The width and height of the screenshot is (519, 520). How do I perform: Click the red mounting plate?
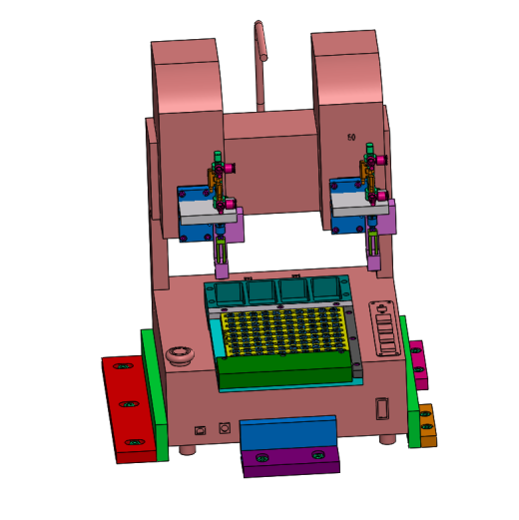(x=128, y=409)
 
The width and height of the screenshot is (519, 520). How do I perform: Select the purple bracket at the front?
(x=290, y=462)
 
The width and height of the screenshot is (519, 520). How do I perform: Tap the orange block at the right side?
(x=427, y=425)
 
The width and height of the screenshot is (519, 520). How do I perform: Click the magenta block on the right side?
(x=418, y=364)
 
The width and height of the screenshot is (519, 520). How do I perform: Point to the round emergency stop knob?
(x=180, y=355)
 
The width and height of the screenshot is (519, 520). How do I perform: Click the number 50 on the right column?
(x=351, y=137)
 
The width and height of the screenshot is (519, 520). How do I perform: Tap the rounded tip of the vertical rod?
(x=259, y=23)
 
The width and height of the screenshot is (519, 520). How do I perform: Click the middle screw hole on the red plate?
(x=129, y=404)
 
